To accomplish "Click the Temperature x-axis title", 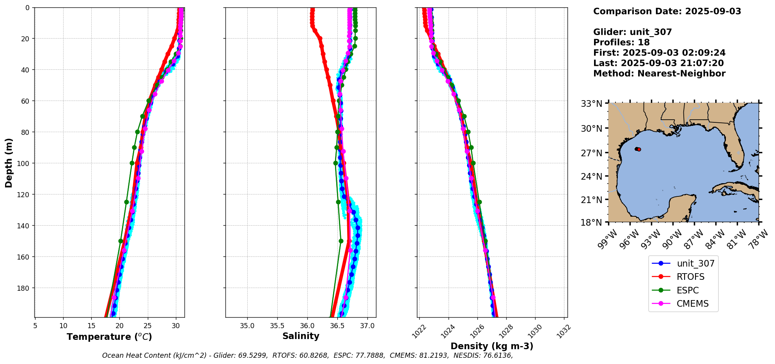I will (x=109, y=337).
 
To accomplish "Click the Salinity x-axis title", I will (x=301, y=336).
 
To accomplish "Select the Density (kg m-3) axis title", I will (x=492, y=346).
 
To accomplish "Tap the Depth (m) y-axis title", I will (x=9, y=163).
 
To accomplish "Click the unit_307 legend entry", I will (x=695, y=263).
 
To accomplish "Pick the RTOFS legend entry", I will (x=690, y=277).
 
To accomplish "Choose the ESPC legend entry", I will (x=688, y=290).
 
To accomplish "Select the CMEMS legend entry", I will (x=692, y=304).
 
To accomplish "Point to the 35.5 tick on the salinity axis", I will (x=277, y=325).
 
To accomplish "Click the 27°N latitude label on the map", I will (x=592, y=153).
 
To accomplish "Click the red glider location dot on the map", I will (x=639, y=149).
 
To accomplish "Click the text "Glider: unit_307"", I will (x=632, y=32).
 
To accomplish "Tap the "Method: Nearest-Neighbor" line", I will (x=659, y=73).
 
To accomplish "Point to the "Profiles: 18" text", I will (x=621, y=42).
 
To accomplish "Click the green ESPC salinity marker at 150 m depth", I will (x=341, y=241).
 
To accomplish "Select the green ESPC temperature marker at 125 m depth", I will (x=126, y=202).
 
